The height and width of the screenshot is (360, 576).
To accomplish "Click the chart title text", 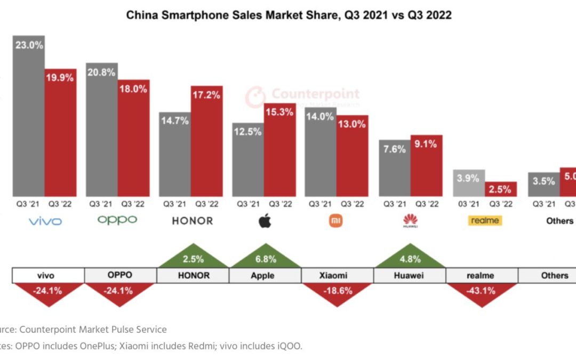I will [289, 15].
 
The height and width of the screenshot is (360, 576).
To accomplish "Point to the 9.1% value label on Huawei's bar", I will [426, 143].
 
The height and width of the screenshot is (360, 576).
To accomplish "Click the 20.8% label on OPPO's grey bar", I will [101, 72].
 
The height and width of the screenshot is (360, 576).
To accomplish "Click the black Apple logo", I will [265, 220].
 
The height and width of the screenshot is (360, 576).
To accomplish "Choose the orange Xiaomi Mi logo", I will [337, 220].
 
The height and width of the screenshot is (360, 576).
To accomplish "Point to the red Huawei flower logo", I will [410, 220].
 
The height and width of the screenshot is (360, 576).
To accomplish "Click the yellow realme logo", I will [485, 220].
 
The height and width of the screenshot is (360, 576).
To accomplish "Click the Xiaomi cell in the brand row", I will [337, 275].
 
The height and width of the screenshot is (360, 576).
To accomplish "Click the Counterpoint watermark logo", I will [302, 96].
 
